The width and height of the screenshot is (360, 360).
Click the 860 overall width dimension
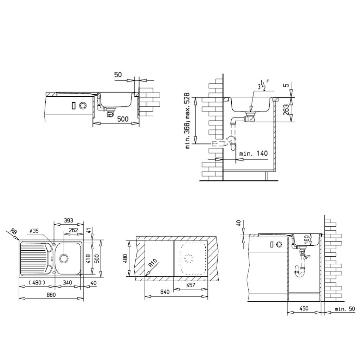(51, 295)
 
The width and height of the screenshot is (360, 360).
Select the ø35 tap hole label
(34, 231)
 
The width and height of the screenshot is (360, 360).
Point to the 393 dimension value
(69, 220)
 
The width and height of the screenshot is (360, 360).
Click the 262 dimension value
(73, 230)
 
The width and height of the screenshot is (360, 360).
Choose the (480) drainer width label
(37, 283)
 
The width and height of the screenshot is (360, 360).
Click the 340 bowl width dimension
(67, 283)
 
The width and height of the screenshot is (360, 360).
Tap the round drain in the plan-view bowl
(64, 258)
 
